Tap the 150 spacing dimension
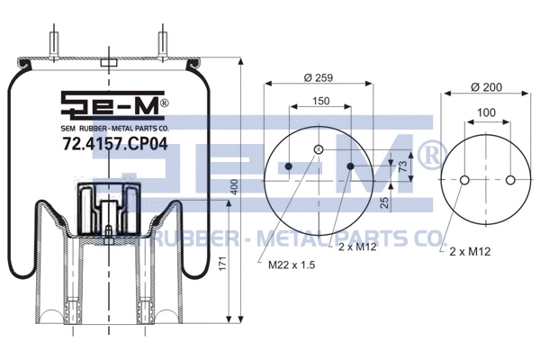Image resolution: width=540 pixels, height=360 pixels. click(319, 103)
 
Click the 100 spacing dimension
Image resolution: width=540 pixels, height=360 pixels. click(487, 112)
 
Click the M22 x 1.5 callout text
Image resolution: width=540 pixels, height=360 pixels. click(292, 265)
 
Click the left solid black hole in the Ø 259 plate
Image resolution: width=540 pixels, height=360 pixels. click(288, 167)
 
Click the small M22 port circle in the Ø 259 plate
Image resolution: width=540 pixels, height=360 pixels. click(318, 149)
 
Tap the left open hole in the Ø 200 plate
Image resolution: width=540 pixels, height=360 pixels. click(463, 181)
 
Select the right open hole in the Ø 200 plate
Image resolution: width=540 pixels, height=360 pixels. click(510, 181)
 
